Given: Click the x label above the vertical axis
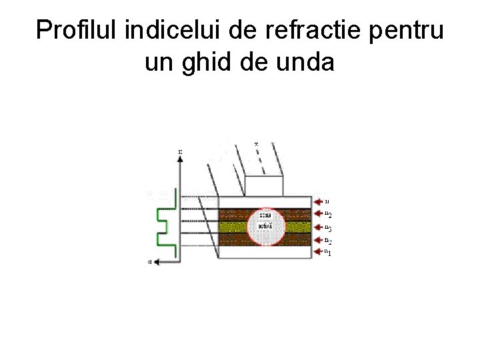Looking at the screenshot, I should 179,152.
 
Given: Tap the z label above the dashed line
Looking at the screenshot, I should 257,144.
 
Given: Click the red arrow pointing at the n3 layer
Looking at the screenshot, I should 317,227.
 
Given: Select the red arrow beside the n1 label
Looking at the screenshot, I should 317,252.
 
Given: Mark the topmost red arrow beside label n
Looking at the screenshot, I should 317,200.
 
